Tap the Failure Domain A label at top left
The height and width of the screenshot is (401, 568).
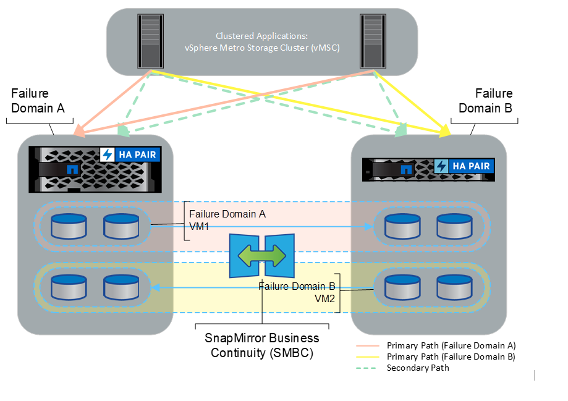(x=37, y=101)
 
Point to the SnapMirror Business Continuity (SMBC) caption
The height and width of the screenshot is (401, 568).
(x=262, y=345)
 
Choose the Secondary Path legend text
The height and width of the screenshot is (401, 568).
(x=418, y=368)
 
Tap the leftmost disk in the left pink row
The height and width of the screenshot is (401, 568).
(x=69, y=226)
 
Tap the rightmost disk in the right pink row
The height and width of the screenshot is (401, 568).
(x=455, y=226)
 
